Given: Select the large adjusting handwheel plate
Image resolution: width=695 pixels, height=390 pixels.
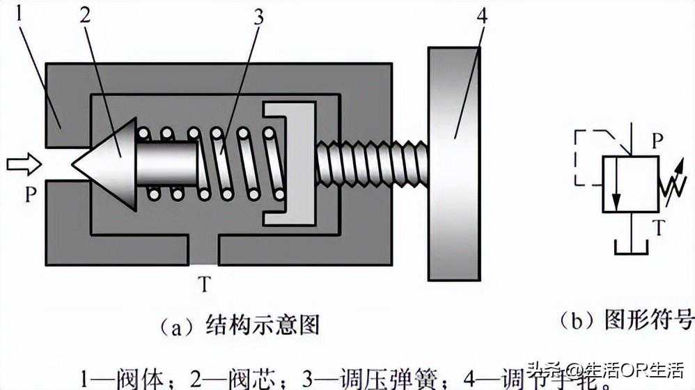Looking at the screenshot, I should click(454, 164).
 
